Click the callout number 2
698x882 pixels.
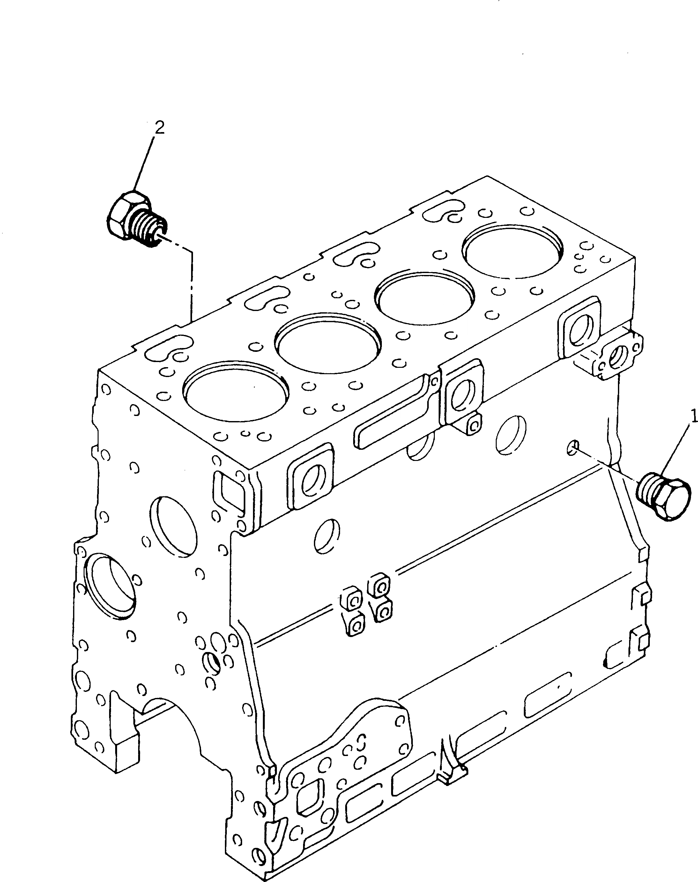click(160, 128)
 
